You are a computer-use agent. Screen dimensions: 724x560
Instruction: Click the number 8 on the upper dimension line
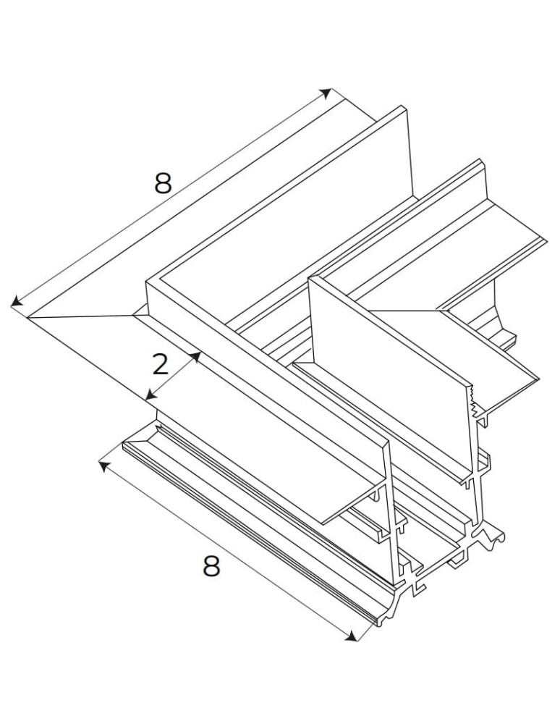pos(163,184)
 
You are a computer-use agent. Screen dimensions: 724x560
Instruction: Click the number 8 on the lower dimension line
pos(211,566)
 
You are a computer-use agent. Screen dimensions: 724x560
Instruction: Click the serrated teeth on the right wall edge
pos(475,403)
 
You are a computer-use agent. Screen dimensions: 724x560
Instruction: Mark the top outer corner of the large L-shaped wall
pos(148,281)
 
